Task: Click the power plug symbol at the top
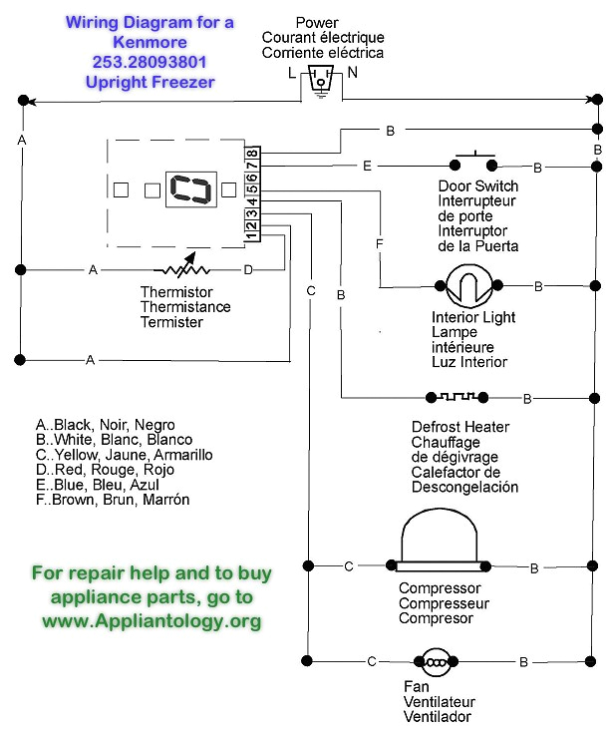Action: [318, 81]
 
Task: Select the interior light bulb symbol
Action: [464, 287]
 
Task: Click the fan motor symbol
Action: [435, 661]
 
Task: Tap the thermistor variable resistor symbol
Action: [182, 270]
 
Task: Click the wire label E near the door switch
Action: [368, 167]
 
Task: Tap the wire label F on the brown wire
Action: [379, 243]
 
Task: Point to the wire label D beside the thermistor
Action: [249, 270]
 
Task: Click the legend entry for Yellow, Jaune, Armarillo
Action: [124, 455]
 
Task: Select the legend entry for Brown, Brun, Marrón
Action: [112, 500]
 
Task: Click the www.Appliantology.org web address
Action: [151, 620]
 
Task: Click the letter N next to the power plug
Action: [352, 72]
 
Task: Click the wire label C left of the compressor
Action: [349, 567]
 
